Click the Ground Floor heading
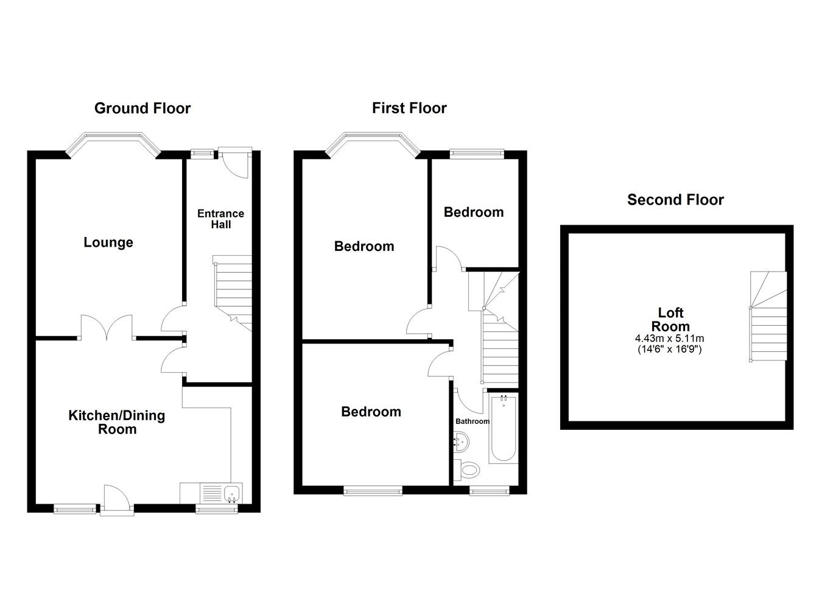142,108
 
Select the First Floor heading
409,108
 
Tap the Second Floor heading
675,200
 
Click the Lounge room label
108,242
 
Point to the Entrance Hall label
220,219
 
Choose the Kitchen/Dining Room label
116,422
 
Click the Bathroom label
472,421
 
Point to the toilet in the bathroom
469,469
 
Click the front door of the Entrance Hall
235,163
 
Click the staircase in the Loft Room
767,317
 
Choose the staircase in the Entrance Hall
233,290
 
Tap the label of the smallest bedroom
474,212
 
